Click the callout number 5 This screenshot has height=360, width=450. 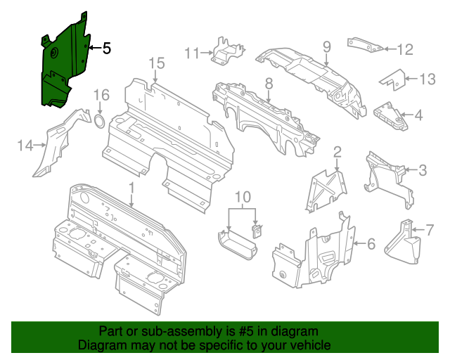point(106,49)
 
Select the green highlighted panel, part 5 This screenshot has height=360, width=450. point(62,67)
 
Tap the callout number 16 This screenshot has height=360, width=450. point(102,95)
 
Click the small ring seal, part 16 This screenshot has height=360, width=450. point(100,124)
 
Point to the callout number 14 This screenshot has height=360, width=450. point(25,146)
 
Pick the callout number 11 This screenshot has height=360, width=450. point(193,51)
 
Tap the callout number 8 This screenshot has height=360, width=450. point(269,84)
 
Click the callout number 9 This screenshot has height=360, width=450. point(326,46)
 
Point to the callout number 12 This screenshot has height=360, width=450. point(406,49)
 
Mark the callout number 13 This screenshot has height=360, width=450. point(427,79)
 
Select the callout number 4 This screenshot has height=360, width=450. point(418,115)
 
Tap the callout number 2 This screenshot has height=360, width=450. point(337,151)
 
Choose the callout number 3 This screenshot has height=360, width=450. point(422,169)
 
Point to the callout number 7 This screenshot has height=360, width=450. point(430,229)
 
